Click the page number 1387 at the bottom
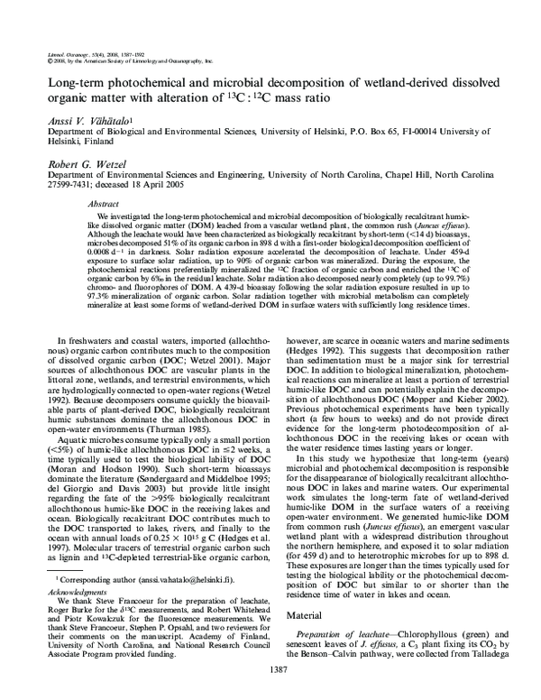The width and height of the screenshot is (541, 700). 270,669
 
